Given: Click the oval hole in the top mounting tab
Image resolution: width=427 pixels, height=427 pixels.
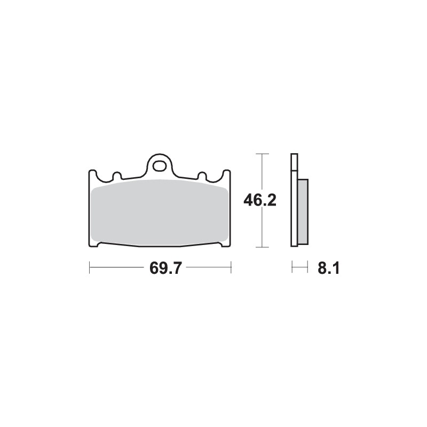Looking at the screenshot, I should pyautogui.click(x=159, y=166).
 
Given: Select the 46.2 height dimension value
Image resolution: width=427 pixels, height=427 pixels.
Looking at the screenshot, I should pyautogui.click(x=259, y=200).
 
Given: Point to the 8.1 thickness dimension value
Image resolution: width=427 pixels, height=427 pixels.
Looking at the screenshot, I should pyautogui.click(x=328, y=268).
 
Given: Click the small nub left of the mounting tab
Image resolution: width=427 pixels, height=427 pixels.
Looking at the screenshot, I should pyautogui.click(x=116, y=176).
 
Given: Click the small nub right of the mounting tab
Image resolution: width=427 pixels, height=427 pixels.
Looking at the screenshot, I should pyautogui.click(x=202, y=176).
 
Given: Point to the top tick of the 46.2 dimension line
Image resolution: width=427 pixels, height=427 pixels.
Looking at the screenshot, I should pyautogui.click(x=260, y=154).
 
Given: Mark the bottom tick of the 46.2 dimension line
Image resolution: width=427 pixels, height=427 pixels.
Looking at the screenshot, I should pyautogui.click(x=260, y=247).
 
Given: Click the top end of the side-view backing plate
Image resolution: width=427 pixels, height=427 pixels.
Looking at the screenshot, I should pyautogui.click(x=293, y=156).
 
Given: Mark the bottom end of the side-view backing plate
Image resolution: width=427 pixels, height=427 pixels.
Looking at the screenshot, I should pyautogui.click(x=293, y=245).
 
